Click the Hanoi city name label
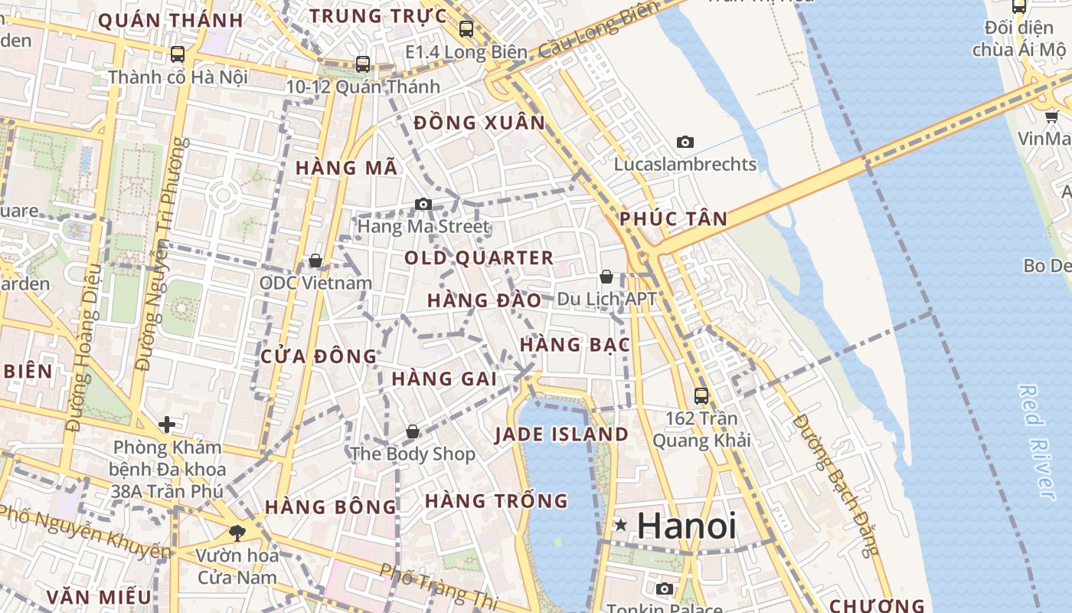686,526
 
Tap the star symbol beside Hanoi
621,526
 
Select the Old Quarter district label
479,257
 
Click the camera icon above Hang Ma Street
423,204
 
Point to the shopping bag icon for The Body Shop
413,431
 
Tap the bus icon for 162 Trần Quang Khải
701,396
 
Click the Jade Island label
561,434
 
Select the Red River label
1037,442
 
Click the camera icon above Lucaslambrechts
685,142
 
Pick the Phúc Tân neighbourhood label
674,218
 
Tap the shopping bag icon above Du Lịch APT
606,277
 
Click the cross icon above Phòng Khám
167,424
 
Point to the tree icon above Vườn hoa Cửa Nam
237,533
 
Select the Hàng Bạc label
575,345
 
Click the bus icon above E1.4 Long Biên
466,29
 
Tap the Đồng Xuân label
479,123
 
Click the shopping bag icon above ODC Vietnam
315,261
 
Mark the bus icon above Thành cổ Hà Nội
178,54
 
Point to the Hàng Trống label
496,501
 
